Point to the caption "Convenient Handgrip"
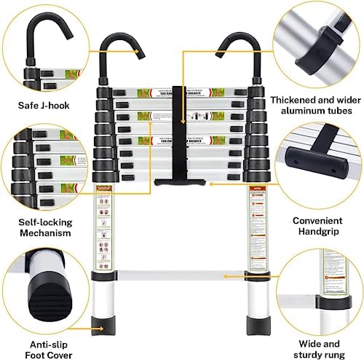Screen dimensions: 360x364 317,226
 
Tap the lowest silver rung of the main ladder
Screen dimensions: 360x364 178,276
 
